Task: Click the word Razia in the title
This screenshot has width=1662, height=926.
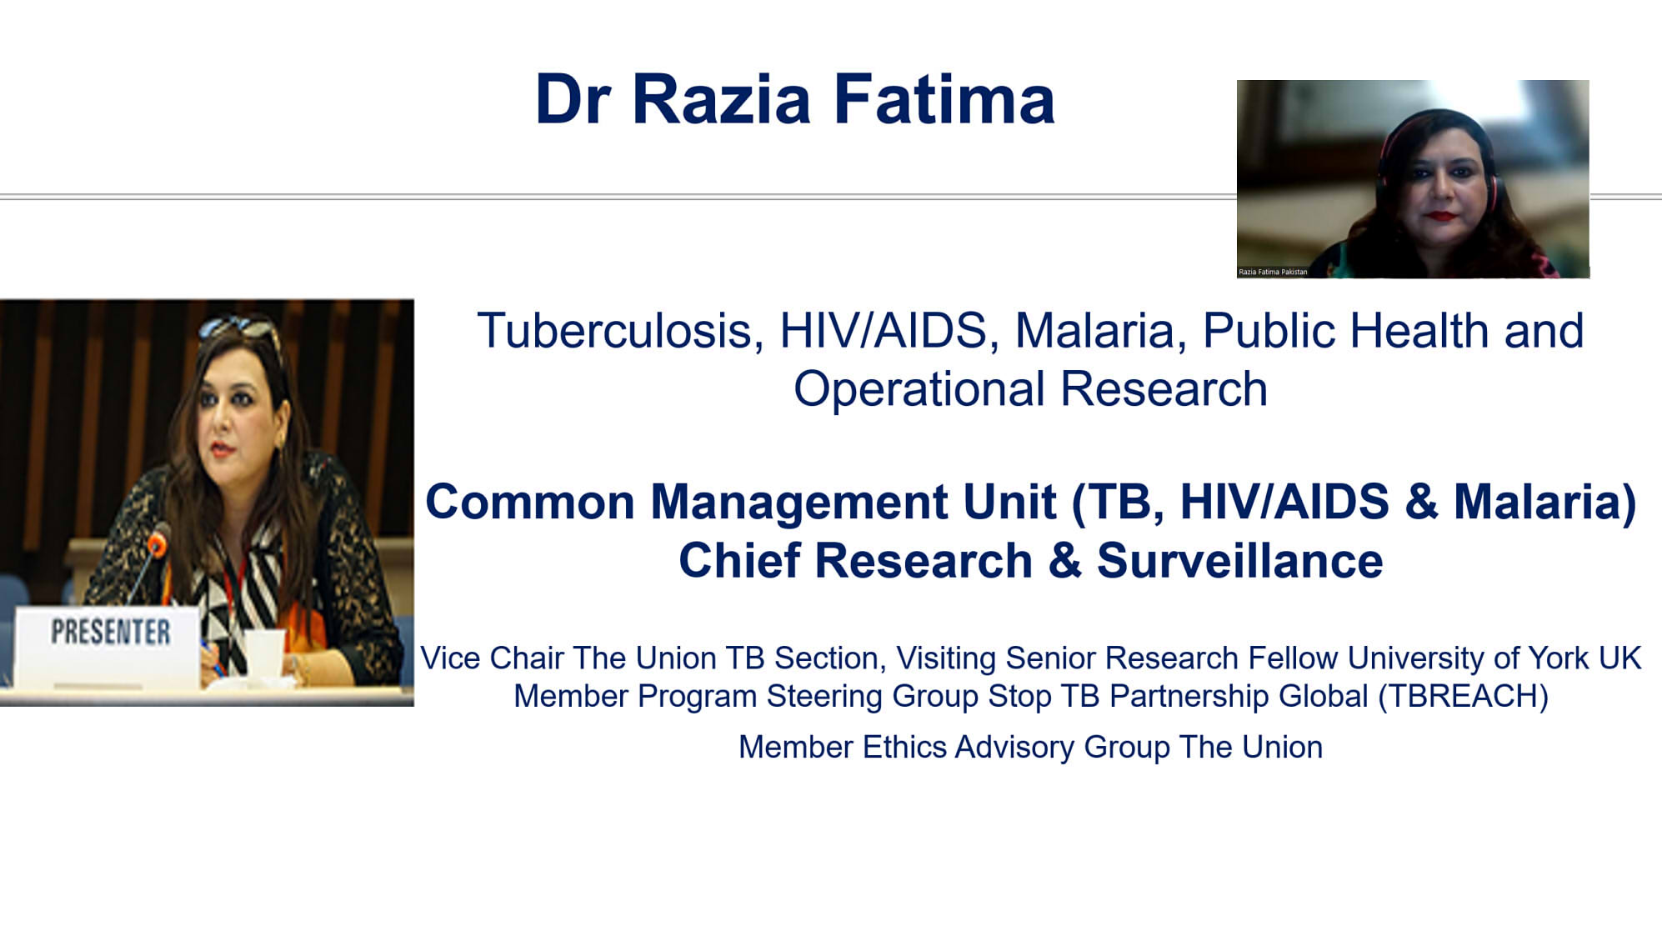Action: coord(721,99)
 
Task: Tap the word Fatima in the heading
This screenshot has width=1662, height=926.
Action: coord(944,99)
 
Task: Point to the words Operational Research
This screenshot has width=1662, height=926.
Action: coord(1030,389)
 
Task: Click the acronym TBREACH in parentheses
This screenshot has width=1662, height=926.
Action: coord(1462,696)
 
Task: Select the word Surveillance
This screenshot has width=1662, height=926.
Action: coord(1239,560)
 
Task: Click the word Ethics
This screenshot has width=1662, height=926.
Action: coord(904,748)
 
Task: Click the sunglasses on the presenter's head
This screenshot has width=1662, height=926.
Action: coord(238,328)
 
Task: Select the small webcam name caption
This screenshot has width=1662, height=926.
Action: coord(1273,272)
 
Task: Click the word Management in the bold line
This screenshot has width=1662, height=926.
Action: coord(798,503)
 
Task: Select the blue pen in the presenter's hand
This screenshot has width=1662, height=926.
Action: coord(212,658)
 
